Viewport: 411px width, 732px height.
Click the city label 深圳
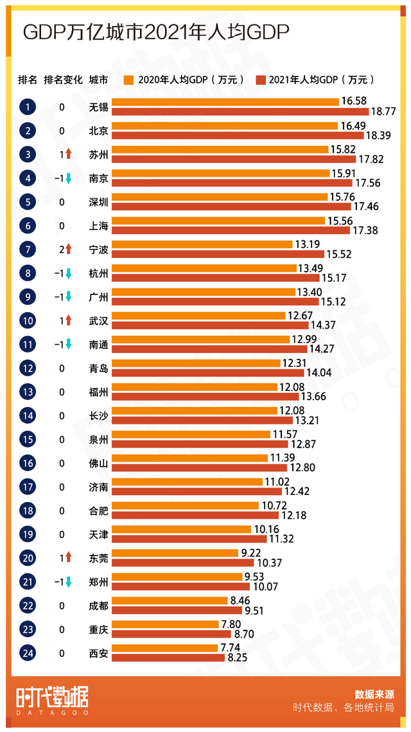coord(98,202)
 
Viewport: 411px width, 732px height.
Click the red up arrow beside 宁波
coord(68,249)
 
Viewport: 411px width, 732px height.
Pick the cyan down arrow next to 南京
coord(68,179)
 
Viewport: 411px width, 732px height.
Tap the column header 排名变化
coord(63,80)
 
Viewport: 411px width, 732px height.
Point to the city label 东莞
coord(98,558)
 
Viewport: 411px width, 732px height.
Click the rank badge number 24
coord(28,654)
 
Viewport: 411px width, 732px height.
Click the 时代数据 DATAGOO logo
coord(53,700)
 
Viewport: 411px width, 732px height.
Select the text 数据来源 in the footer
coord(374,694)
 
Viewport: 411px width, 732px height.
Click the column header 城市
coord(98,80)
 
